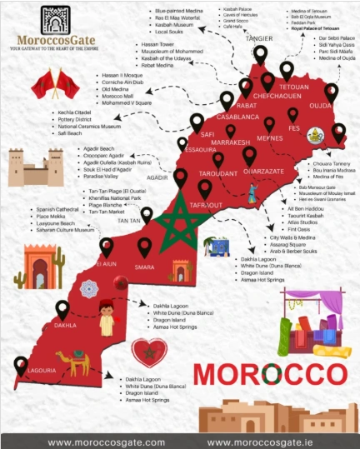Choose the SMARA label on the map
pyautogui.click(x=145, y=267)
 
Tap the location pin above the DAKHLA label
pyautogui.click(x=62, y=309)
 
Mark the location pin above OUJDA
pyautogui.click(x=331, y=91)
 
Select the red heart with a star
pyautogui.click(x=150, y=352)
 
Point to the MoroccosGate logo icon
pyautogui.click(x=55, y=20)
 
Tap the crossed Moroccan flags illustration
pyautogui.click(x=55, y=84)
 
